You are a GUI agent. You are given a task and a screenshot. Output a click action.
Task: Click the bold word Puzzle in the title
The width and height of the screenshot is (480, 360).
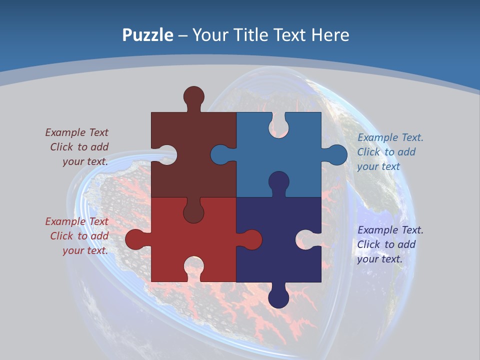point(147,35)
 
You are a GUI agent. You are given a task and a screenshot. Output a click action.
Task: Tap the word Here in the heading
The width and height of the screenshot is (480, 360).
point(330,35)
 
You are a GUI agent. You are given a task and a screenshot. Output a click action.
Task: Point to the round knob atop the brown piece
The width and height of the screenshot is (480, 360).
point(193,96)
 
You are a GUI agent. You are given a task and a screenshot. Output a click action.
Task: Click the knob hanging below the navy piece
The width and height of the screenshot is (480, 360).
point(278,298)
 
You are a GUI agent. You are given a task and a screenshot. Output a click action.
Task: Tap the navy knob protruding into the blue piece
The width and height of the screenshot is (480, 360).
point(278,181)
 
